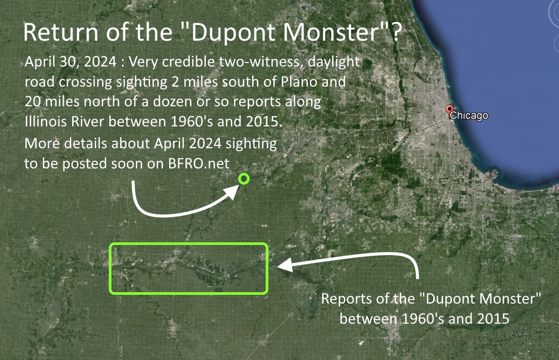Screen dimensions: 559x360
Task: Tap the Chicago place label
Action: coord(469,115)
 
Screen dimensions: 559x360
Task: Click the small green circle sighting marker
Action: coord(244,179)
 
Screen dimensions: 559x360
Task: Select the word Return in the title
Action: coord(61,32)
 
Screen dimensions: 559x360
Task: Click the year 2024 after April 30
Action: coord(100,61)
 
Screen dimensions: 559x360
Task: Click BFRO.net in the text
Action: coord(199,164)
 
